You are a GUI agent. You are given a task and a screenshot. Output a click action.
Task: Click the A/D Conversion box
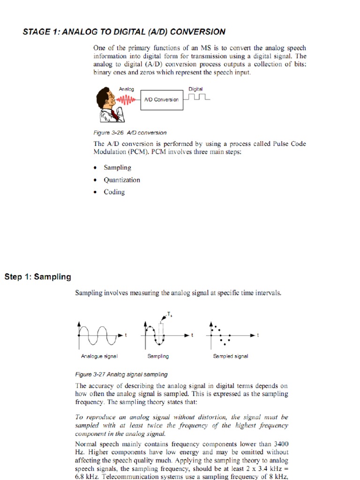click(162, 99)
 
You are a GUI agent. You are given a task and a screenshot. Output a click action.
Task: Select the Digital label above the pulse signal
click(195, 89)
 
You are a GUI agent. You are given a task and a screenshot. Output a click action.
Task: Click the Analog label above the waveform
click(126, 89)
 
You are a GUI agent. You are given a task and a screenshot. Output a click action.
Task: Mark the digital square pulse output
click(197, 97)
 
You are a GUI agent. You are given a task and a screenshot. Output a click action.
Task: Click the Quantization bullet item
click(122, 180)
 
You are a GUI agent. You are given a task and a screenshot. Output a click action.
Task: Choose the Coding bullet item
click(114, 192)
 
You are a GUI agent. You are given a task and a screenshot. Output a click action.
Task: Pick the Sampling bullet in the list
click(118, 168)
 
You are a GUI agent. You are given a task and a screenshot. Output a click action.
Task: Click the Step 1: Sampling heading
click(38, 277)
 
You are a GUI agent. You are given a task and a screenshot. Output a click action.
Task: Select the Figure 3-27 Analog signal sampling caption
click(121, 375)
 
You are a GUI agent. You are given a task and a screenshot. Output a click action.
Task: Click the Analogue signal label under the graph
click(99, 356)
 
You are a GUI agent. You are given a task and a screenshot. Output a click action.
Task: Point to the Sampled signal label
click(231, 356)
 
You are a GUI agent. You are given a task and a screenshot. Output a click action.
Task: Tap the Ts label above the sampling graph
click(169, 314)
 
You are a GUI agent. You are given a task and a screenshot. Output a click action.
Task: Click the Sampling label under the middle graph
click(158, 356)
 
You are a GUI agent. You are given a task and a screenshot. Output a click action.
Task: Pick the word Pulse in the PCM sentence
click(282, 144)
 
